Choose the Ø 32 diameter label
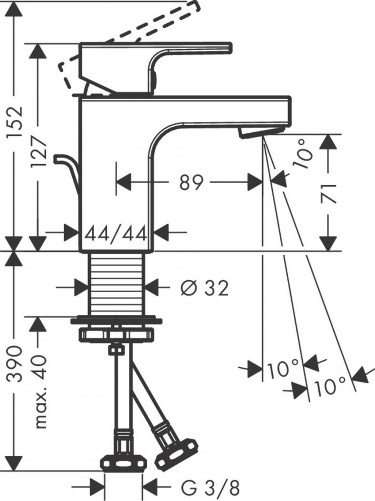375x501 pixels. [205, 288]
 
